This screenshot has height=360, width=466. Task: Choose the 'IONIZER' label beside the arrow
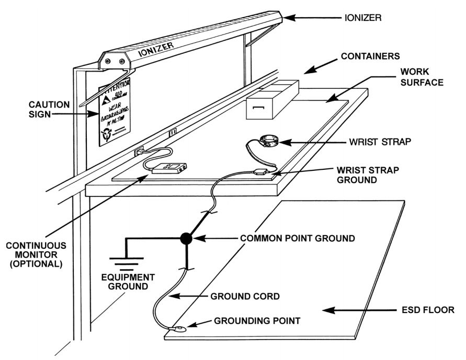(362, 17)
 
